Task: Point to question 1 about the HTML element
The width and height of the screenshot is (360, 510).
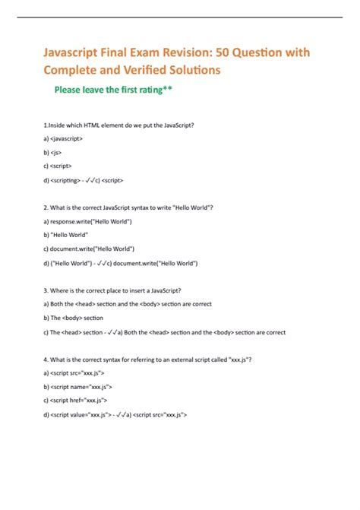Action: pyautogui.click(x=125, y=126)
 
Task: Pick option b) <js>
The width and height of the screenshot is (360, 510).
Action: pyautogui.click(x=55, y=154)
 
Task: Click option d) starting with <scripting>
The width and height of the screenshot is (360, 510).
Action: pyautogui.click(x=84, y=181)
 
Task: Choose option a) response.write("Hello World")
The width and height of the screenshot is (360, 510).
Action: pyautogui.click(x=88, y=222)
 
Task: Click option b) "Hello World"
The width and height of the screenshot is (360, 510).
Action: pyautogui.click(x=67, y=236)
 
